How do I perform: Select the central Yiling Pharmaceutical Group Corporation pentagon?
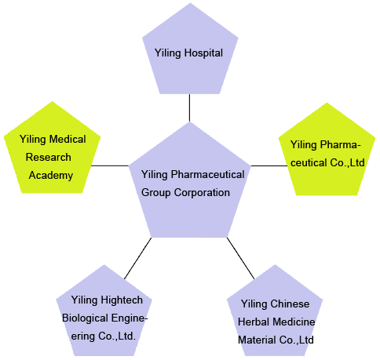190,183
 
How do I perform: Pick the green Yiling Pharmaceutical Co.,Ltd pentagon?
327,151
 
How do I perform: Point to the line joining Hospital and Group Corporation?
189,107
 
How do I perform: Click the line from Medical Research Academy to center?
110,165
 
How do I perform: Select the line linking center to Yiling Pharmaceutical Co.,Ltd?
269,165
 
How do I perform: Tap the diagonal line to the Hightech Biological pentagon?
138,258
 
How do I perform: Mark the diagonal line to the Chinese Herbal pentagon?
240,258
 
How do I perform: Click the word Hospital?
203,53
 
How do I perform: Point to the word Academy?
51,175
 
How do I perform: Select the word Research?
49,157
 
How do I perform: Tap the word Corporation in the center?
202,193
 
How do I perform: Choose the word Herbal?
252,322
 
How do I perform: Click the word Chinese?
290,304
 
